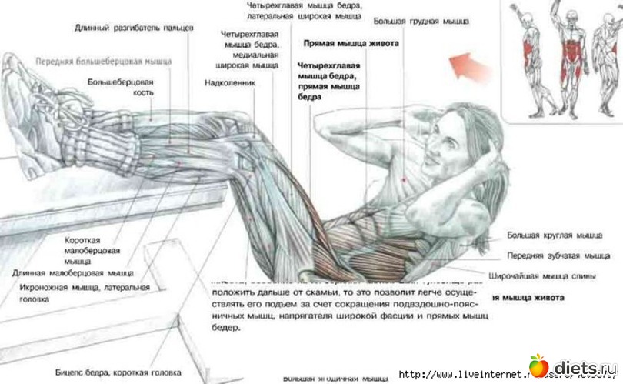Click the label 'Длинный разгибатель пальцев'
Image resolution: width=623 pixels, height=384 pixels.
pos(134,28)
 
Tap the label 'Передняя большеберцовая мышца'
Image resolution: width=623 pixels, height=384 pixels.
pos(103,61)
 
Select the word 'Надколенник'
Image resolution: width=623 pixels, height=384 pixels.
pos(229,82)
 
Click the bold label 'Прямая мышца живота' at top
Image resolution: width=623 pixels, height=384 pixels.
pos(351,44)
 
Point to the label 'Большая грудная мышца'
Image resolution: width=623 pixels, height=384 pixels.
pos(421,22)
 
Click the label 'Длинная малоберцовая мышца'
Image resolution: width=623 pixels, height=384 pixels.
pos(72,272)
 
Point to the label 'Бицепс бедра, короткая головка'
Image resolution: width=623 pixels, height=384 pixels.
pos(117,371)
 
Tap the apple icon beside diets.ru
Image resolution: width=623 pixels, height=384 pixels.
pos(538,365)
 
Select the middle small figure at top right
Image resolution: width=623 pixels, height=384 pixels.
pos(568,58)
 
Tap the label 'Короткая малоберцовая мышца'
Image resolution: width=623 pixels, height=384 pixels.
pos(92,249)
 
